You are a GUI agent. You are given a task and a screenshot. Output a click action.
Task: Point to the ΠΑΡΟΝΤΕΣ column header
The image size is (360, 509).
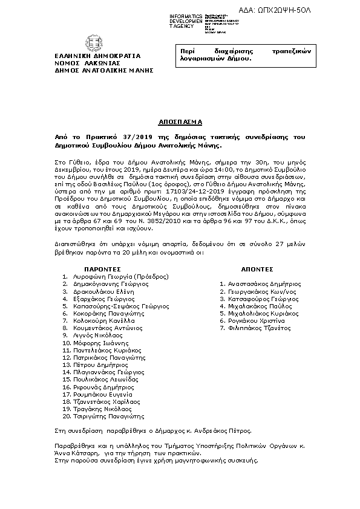101,268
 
